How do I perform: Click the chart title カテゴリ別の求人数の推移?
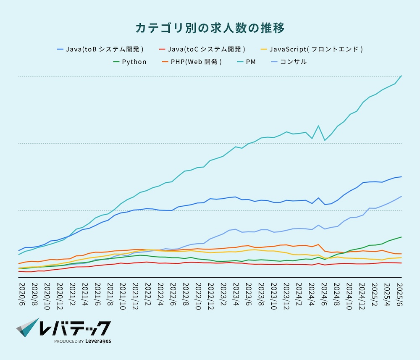click(210, 28)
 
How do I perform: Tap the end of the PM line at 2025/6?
click(402, 76)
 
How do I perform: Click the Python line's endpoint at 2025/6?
click(402, 237)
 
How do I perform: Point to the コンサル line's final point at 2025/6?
click(402, 196)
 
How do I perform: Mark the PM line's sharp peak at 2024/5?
click(319, 126)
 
